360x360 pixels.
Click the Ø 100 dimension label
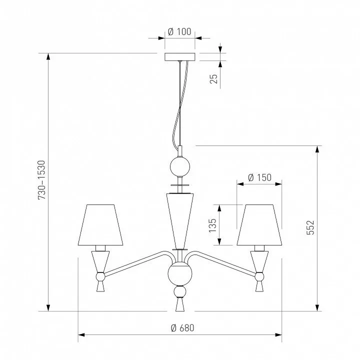point(179,31)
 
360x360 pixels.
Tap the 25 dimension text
point(214,79)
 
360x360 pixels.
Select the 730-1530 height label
point(42,180)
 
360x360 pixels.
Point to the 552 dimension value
point(310,227)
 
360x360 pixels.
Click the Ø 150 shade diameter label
point(259,177)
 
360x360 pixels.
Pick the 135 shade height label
point(212,225)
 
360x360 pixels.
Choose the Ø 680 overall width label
point(182,328)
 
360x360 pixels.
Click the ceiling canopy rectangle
point(180,57)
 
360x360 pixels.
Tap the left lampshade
point(100,225)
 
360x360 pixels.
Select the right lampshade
point(259,225)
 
